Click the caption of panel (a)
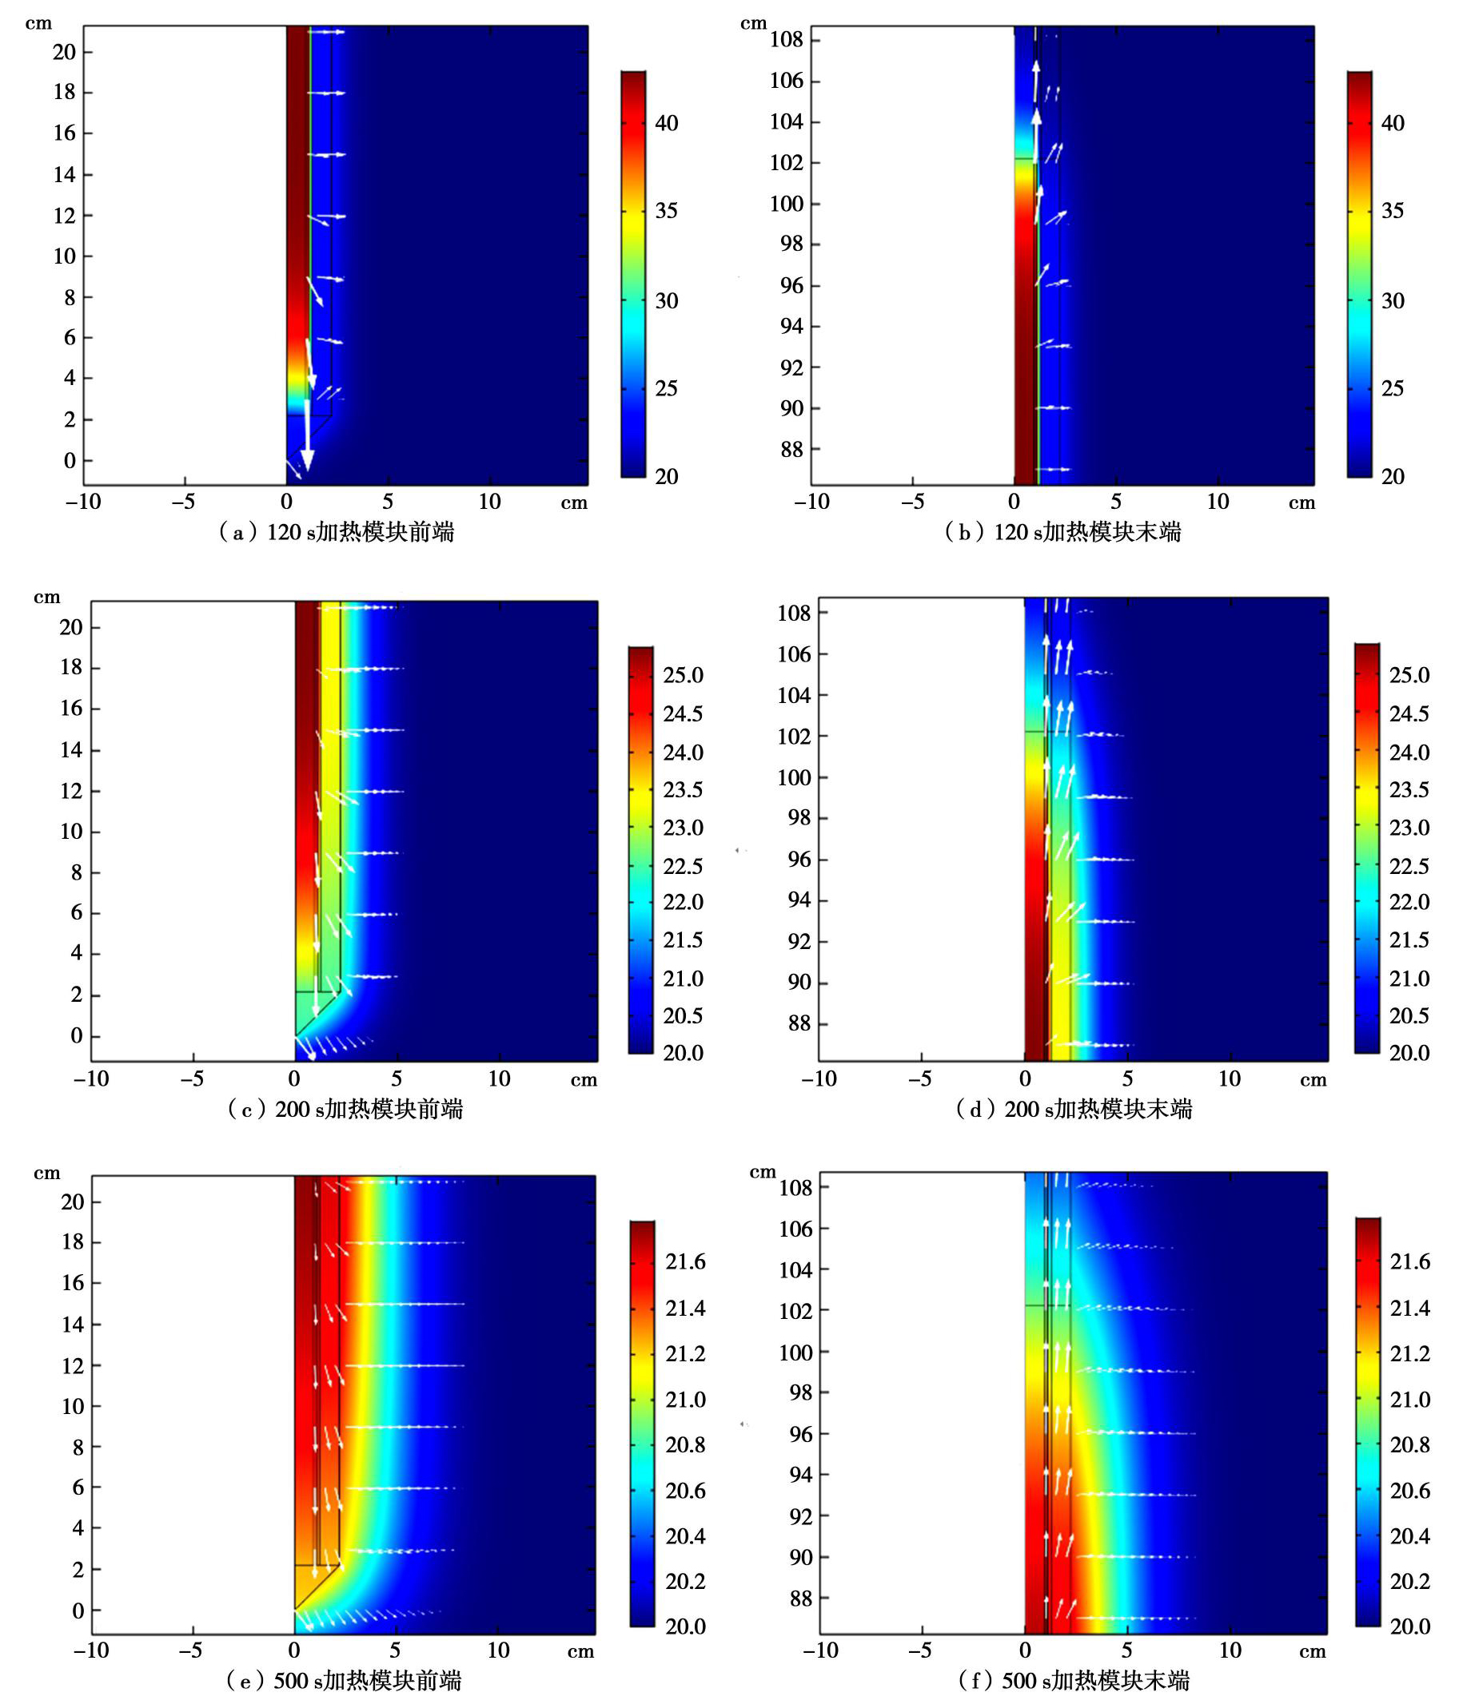click(x=337, y=533)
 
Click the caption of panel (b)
click(x=1062, y=533)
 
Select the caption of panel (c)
click(x=345, y=1109)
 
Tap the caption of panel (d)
click(x=1074, y=1109)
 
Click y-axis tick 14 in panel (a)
click(x=64, y=175)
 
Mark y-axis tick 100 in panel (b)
click(x=786, y=204)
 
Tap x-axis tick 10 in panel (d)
click(x=1229, y=1078)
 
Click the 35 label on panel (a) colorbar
click(x=667, y=211)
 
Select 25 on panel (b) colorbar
click(x=1392, y=388)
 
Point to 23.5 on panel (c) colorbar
click(x=683, y=790)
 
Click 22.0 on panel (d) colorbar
click(x=1409, y=902)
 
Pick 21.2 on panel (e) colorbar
click(x=684, y=1353)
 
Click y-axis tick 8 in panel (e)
click(x=78, y=1447)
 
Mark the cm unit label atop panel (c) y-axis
click(x=46, y=597)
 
